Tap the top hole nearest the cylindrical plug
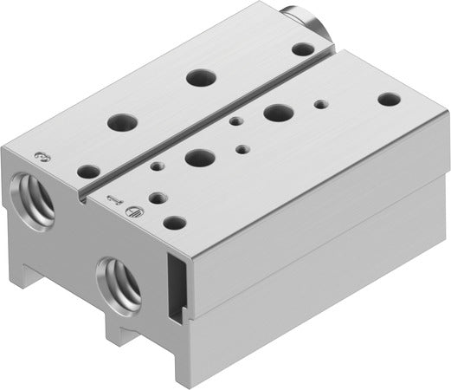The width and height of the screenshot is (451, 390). click(x=302, y=49)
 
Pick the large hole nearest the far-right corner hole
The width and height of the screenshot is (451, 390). click(x=278, y=113)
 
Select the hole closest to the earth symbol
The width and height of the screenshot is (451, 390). click(x=174, y=222)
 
